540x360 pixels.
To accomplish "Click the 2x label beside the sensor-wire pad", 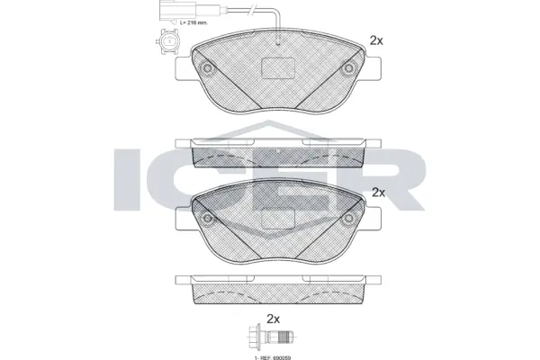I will tap(377, 40).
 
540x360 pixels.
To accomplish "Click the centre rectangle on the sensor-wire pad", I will tap(278, 67).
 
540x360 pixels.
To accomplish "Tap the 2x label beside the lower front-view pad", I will tap(378, 192).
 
